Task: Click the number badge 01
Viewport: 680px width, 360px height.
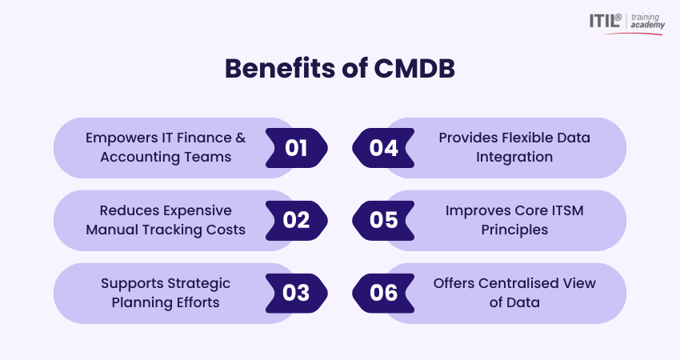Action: [x=297, y=148]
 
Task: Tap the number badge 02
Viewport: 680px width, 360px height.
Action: [x=297, y=220]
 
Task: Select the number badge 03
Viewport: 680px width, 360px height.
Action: [x=297, y=294]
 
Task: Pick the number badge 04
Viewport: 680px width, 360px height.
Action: [x=383, y=148]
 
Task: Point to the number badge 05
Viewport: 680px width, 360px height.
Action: [x=383, y=220]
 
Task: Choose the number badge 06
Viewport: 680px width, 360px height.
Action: [x=383, y=294]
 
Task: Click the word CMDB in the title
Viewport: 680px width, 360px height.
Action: [x=414, y=69]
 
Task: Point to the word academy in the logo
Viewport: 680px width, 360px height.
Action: [x=647, y=25]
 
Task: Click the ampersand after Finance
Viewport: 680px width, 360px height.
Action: [x=241, y=138]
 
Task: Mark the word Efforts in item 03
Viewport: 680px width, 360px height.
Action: [x=198, y=302]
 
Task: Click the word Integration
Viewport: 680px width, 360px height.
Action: [x=514, y=157]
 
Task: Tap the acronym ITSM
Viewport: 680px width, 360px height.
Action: [x=567, y=210]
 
